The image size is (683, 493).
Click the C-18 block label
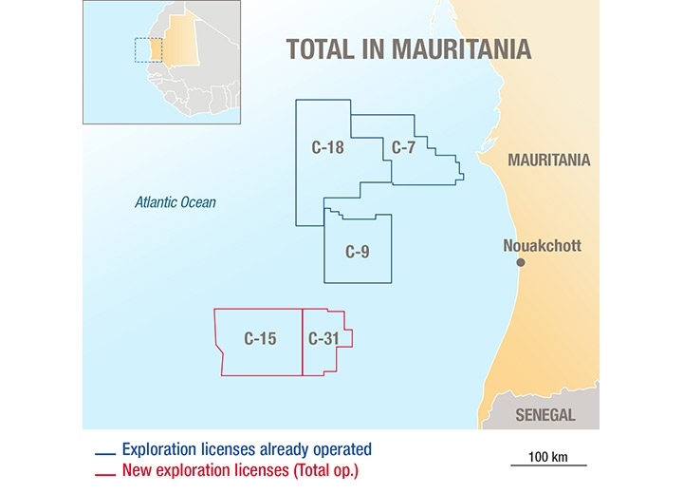click(x=327, y=147)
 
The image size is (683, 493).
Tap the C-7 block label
click(x=403, y=147)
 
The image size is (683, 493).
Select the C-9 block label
click(x=357, y=252)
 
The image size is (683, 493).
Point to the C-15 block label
click(x=260, y=338)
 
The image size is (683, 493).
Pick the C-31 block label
click(x=323, y=338)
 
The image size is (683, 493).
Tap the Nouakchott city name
click(x=542, y=246)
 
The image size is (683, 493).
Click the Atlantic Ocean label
click(x=175, y=202)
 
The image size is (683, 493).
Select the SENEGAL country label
click(x=545, y=415)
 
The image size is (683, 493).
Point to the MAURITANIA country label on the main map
click(x=548, y=160)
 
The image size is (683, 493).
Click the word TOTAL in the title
click(x=322, y=48)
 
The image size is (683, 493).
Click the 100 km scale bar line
click(x=548, y=465)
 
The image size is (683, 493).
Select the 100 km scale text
click(x=548, y=456)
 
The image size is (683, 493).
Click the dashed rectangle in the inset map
click(x=148, y=49)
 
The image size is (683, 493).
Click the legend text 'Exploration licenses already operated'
click(x=247, y=449)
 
